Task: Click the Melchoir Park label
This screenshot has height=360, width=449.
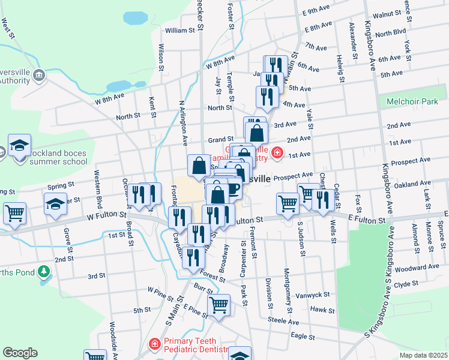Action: (x=412, y=102)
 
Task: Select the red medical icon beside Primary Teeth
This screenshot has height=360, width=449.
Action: (x=154, y=344)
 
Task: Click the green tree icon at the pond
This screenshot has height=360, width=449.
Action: (x=43, y=272)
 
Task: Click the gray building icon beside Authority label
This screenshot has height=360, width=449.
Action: (x=39, y=75)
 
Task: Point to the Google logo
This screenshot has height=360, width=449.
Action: (x=20, y=353)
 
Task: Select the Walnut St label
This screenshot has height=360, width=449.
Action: (x=387, y=13)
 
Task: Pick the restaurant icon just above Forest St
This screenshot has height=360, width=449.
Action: (x=193, y=257)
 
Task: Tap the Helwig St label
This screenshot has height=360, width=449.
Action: (x=340, y=68)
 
